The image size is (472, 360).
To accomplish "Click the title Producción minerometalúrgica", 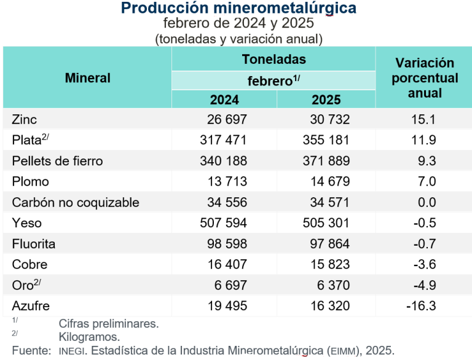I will [x=238, y=9].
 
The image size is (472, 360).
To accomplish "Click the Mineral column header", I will [x=87, y=78].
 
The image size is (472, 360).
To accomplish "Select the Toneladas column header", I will [x=273, y=60].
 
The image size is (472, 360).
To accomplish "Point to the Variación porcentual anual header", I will [x=425, y=78].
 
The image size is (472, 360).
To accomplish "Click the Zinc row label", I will [x=25, y=120].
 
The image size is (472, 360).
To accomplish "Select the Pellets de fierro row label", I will [x=57, y=161].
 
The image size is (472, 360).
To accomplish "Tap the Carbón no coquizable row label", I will [x=76, y=203].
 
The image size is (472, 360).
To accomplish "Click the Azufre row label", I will [x=31, y=306].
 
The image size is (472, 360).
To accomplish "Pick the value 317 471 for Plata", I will [x=223, y=141].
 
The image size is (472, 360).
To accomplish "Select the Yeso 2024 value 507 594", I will [x=223, y=223].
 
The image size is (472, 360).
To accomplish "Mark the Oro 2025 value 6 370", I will [x=332, y=285].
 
